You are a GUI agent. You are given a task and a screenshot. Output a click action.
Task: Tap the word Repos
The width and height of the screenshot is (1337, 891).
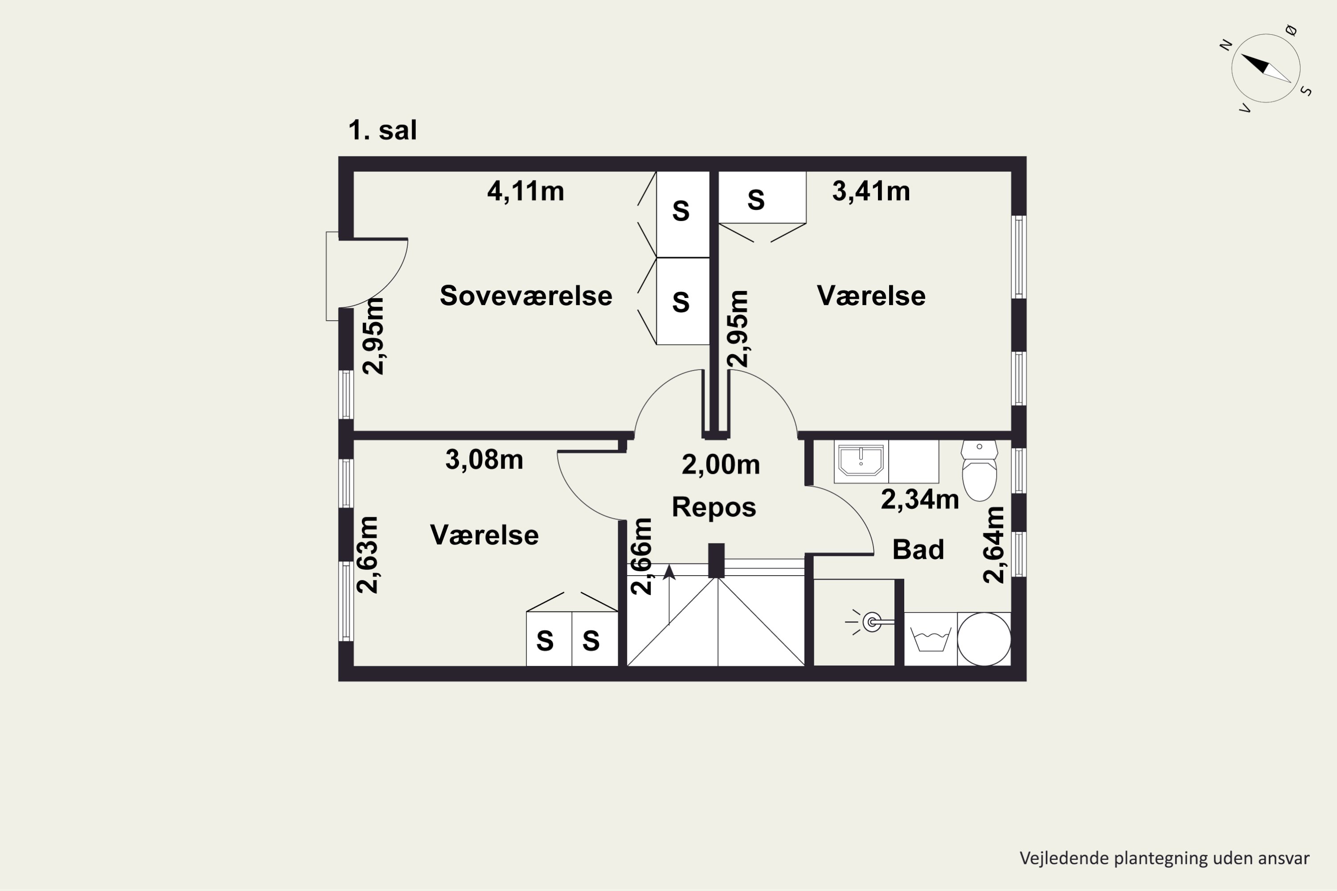pos(714,507)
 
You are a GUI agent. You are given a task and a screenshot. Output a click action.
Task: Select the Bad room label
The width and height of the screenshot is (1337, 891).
pos(918,549)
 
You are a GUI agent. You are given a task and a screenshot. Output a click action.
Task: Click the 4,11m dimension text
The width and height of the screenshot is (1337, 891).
pos(526,192)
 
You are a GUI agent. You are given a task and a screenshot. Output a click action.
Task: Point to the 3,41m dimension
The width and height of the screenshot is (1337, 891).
pos(871,192)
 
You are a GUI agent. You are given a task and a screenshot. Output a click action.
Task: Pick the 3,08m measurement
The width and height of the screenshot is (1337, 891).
pos(484,460)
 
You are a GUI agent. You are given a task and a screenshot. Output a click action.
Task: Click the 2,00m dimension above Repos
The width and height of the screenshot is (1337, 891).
pos(721,465)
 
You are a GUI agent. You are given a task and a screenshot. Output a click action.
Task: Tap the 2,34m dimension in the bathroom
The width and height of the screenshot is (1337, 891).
pos(920,499)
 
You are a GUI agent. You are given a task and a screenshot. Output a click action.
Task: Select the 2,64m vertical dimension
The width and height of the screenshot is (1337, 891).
pos(994,545)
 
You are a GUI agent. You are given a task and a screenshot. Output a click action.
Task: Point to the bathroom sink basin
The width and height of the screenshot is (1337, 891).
pos(861,460)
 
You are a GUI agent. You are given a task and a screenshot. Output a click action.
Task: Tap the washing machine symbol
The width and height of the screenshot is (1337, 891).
pos(931,639)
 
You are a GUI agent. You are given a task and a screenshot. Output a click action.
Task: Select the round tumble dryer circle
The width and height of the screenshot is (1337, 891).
pos(984,639)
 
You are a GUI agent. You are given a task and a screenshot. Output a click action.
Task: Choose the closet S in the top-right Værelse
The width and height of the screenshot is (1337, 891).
pos(755,200)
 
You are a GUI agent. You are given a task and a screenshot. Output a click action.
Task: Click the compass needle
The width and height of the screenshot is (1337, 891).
pos(1266,68)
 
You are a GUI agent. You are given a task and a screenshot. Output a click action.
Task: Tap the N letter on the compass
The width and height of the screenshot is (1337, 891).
pos(1226,45)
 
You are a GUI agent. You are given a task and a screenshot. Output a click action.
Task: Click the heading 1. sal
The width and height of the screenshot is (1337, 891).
pos(382,130)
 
